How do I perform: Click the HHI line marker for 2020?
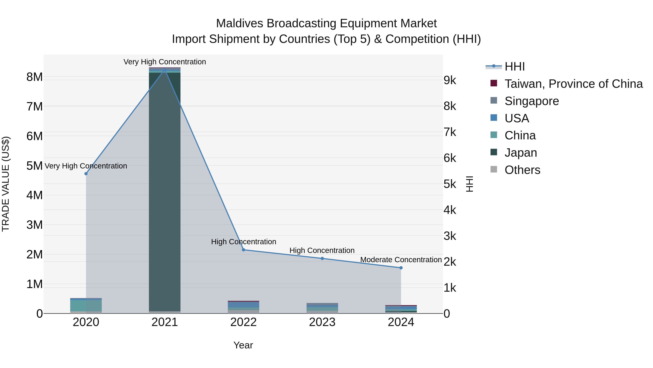pos(86,174)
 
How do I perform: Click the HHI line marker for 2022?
pos(243,250)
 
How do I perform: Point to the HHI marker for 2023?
pos(322,259)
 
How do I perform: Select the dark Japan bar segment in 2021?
pos(165,190)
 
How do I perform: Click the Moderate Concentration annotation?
pos(401,260)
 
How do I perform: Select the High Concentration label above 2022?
pos(243,242)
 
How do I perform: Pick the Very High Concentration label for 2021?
pos(165,62)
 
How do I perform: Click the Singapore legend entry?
pos(532,101)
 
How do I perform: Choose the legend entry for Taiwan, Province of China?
pos(573,84)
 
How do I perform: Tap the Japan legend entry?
pos(521,153)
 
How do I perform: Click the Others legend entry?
pos(522,170)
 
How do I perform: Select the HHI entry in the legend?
pos(515,67)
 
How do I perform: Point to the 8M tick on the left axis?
pos(35,77)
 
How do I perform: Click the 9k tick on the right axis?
pos(450,80)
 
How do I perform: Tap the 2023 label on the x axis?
pos(322,322)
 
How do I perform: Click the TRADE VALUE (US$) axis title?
pos(6,184)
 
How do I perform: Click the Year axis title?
pos(243,345)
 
